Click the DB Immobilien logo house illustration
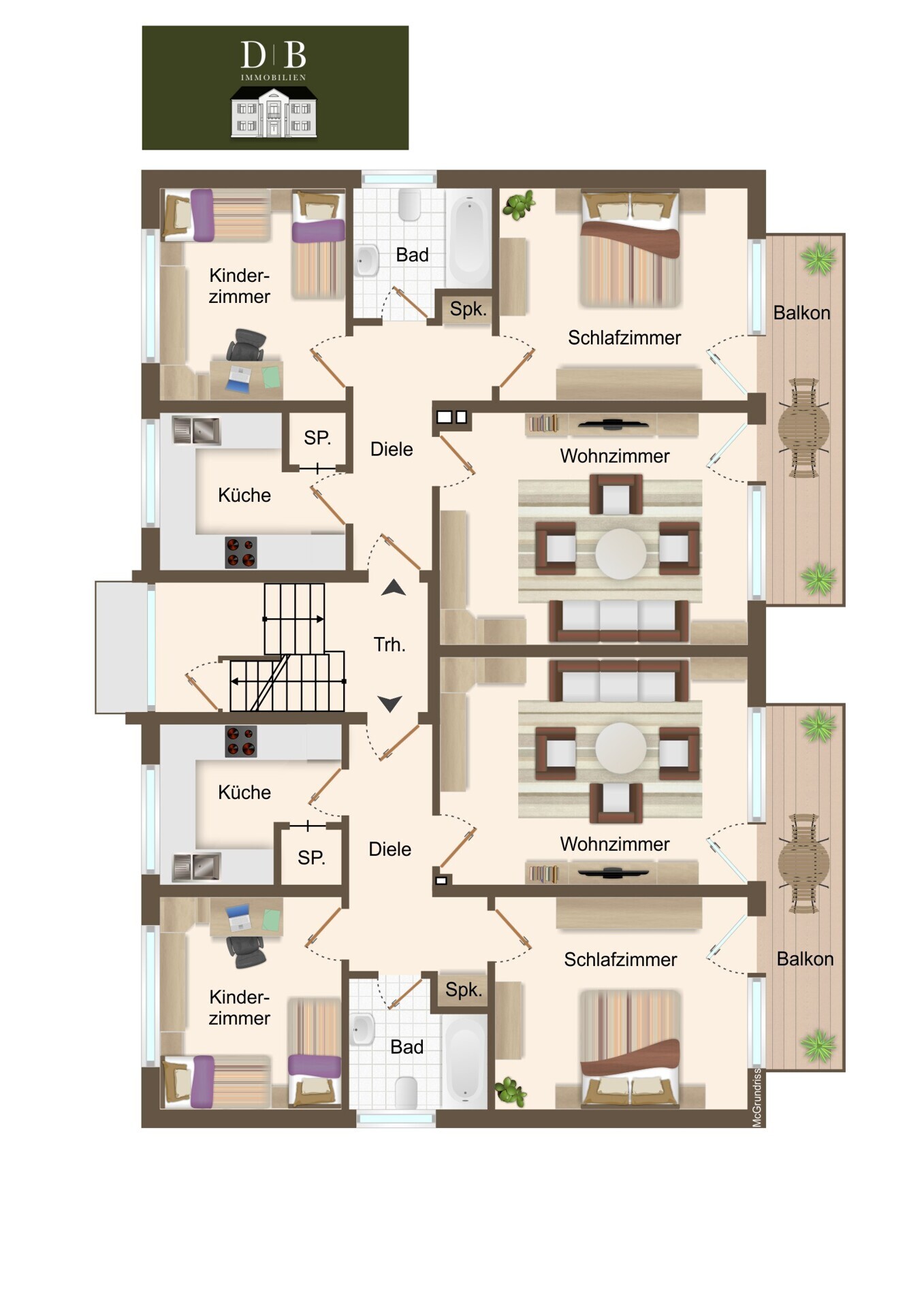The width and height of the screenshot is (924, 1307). coord(274,112)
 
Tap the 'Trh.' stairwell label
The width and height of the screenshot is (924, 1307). coord(389,645)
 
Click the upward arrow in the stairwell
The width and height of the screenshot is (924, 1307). coord(394,587)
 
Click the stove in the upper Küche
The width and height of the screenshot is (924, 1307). coord(241,552)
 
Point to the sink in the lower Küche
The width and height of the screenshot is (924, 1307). coord(197,867)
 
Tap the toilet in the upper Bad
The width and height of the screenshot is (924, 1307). coord(410,205)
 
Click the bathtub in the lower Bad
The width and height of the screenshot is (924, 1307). coord(466,1060)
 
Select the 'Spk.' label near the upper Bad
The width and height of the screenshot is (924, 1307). coord(468,309)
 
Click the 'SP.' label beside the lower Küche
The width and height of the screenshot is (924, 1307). coord(311,858)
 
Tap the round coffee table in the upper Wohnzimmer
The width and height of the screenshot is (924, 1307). coord(620,554)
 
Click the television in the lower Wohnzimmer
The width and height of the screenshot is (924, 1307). coord(614,872)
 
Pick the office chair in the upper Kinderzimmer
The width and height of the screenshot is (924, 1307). coord(246,346)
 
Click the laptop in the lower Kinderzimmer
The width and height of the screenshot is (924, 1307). coord(239,918)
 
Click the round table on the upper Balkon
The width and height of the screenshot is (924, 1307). coord(803,428)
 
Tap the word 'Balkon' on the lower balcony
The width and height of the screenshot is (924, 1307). coord(805,959)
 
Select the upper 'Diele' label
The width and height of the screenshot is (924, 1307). coord(392,449)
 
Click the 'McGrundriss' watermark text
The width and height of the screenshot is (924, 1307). coord(756,1097)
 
